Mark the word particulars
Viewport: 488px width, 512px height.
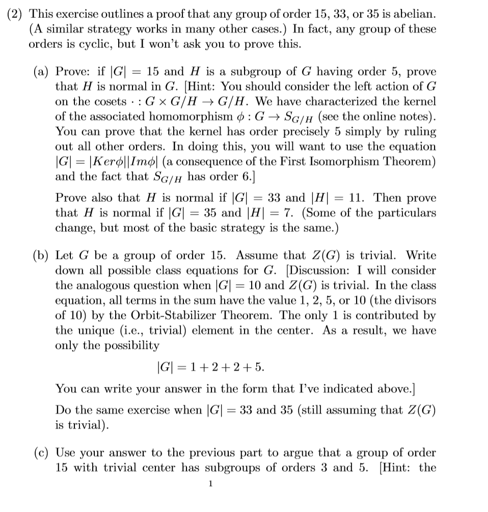click(404, 213)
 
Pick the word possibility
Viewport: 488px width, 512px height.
click(129, 346)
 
